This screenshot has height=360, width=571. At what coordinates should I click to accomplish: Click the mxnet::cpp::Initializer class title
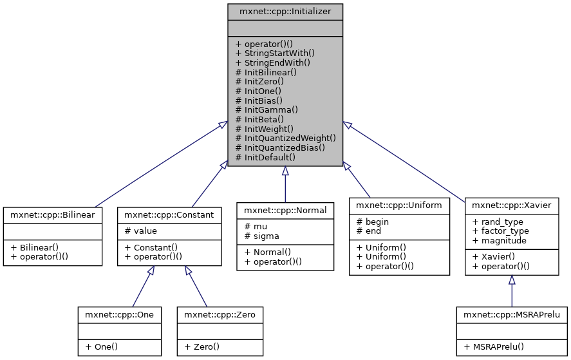pos(285,11)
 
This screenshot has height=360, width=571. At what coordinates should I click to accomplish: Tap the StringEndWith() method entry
pos(273,62)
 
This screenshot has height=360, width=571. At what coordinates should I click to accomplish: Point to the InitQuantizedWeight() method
pos(286,138)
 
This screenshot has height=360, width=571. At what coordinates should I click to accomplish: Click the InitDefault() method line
pos(265,156)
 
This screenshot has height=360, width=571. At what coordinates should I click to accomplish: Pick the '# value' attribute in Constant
pos(141,231)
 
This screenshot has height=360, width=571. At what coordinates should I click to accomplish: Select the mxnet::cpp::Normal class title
pos(285,210)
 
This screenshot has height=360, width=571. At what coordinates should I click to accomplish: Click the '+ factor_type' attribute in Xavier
pos(500,231)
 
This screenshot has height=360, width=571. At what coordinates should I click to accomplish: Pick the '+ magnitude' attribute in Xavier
pos(500,240)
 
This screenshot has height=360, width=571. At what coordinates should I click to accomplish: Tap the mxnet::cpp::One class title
pos(119,314)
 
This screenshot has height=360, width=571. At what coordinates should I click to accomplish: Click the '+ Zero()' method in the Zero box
pos(202,346)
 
